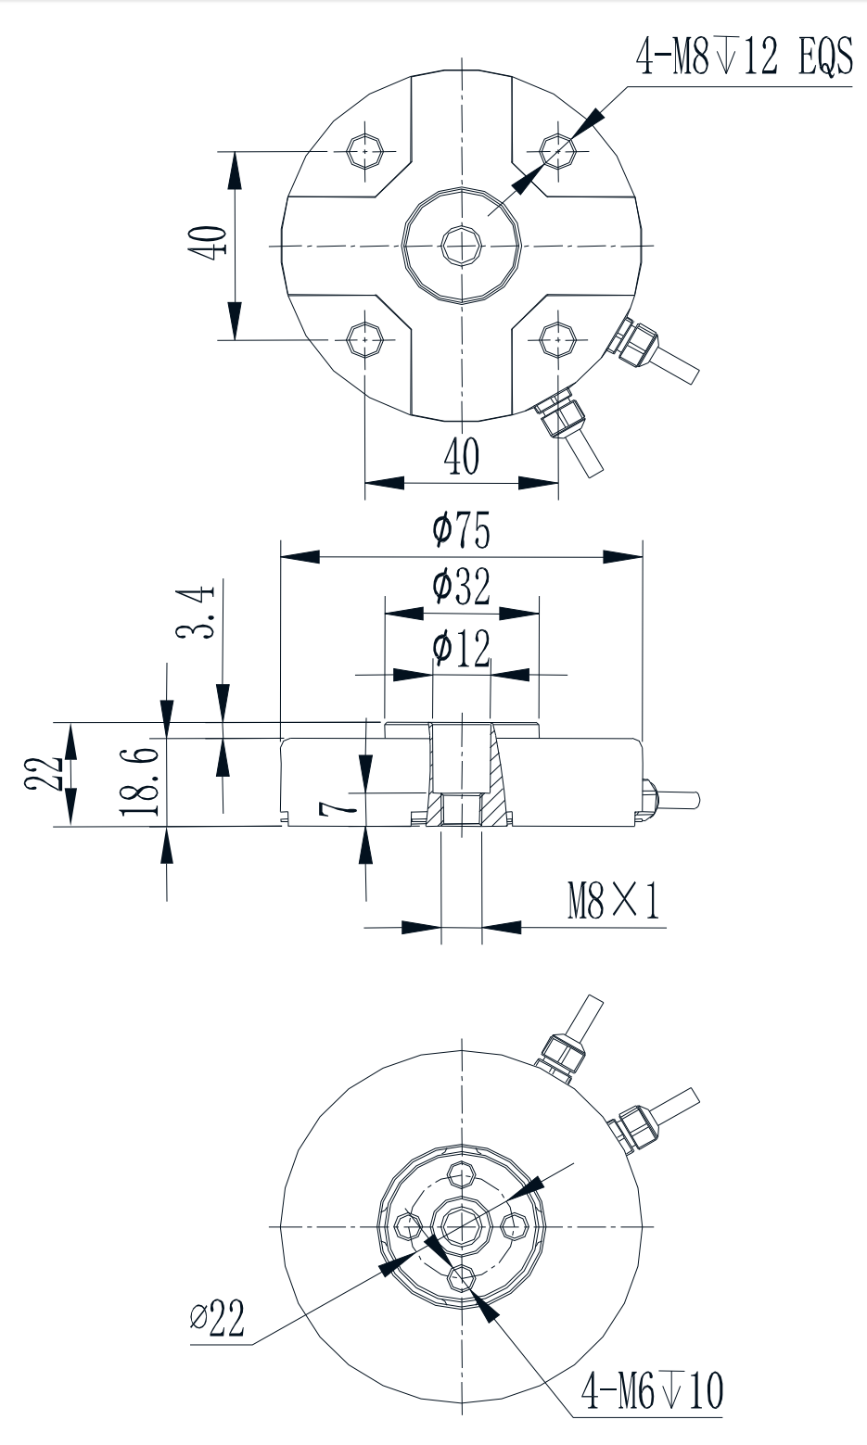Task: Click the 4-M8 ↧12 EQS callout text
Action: [743, 57]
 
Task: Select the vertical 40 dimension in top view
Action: [207, 244]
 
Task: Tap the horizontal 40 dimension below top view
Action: [461, 457]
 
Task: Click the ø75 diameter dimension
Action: [461, 531]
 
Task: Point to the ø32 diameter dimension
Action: [461, 588]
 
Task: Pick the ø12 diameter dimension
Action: [461, 649]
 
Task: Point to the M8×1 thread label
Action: [613, 901]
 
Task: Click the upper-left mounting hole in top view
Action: [366, 149]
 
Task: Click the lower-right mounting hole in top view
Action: [557, 339]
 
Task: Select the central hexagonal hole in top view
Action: [461, 245]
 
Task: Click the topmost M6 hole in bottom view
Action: [461, 1174]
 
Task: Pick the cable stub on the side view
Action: [677, 798]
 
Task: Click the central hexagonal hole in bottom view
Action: [461, 1225]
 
